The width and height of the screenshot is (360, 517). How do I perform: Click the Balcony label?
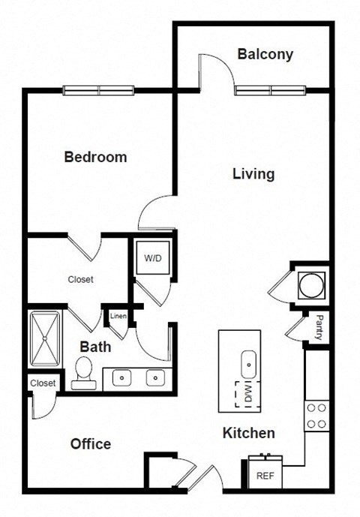pos(265,54)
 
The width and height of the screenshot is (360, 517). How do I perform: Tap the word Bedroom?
pos(95,157)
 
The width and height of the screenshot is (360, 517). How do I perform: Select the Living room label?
pos(253,174)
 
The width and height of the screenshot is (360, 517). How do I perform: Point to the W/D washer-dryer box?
pos(153,259)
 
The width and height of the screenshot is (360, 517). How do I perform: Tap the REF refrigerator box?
pos(264,475)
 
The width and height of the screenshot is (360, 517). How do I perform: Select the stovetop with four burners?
pos(316,416)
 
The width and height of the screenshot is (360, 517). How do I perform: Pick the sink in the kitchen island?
pos(247,365)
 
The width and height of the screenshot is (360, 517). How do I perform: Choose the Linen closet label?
pos(118,316)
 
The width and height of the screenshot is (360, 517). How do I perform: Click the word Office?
pos(91,443)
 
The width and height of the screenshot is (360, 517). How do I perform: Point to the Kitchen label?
pos(248,433)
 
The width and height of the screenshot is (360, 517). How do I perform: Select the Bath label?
pos(95,347)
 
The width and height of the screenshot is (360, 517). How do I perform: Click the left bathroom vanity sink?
pos(121,377)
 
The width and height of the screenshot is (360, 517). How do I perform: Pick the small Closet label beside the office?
pos(43,383)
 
